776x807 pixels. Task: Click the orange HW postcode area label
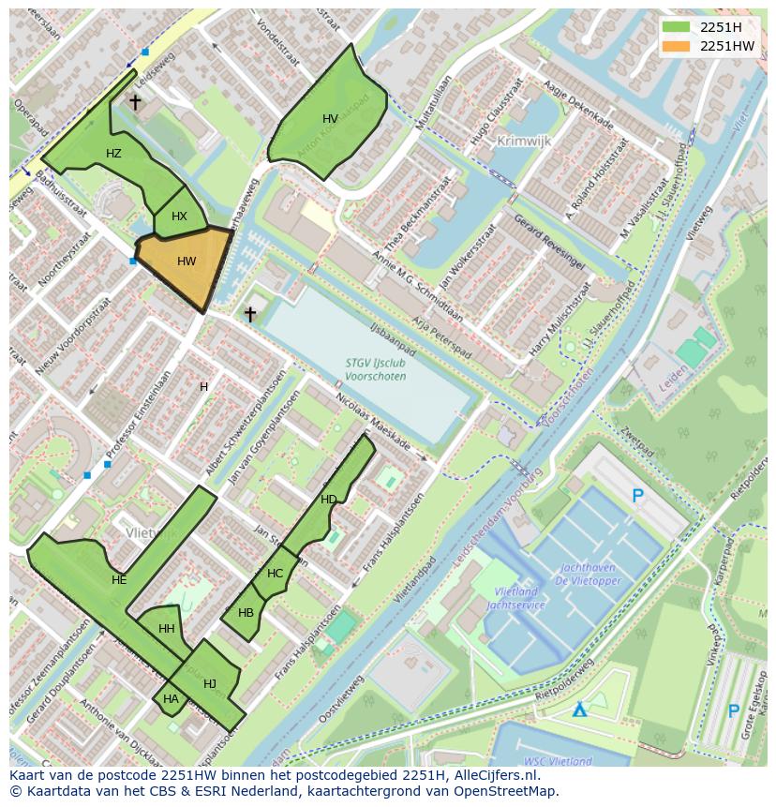point(187,262)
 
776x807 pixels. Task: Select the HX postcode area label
point(179,217)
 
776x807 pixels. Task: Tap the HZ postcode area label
point(113,154)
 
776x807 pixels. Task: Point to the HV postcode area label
point(330,119)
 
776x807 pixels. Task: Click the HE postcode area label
point(119,580)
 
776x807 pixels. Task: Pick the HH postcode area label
point(167,629)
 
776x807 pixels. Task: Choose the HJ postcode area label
point(210,684)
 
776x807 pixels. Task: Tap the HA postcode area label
point(171,699)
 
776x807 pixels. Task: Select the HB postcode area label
point(246,613)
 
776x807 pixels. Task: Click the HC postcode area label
point(275,574)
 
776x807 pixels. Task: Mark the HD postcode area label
point(328,500)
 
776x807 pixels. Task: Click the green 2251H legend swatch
point(675,26)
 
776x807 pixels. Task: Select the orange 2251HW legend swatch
point(675,45)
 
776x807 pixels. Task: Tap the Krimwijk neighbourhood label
point(524,141)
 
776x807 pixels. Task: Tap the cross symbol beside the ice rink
point(250,314)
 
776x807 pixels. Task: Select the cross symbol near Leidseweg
point(136,102)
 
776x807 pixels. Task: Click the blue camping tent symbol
point(581,710)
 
